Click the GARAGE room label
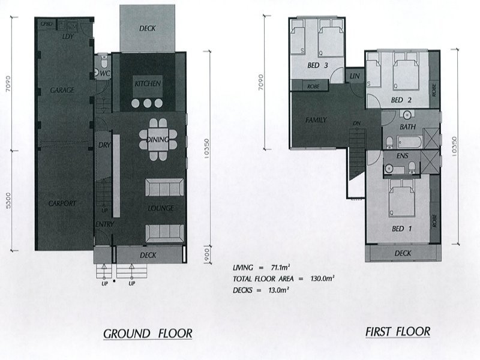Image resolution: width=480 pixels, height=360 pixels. (x=62, y=91)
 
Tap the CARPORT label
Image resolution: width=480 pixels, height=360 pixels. (x=62, y=204)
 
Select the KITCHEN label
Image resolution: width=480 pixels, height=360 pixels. (x=147, y=84)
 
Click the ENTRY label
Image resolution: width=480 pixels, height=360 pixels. (x=104, y=224)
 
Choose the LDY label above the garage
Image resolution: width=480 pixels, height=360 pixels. (x=67, y=37)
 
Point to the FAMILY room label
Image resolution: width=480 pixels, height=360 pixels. (x=316, y=121)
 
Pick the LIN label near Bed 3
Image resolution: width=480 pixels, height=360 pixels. (x=354, y=76)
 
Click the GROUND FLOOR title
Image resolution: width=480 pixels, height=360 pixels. (x=147, y=333)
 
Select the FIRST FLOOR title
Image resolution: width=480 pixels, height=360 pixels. (x=397, y=331)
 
